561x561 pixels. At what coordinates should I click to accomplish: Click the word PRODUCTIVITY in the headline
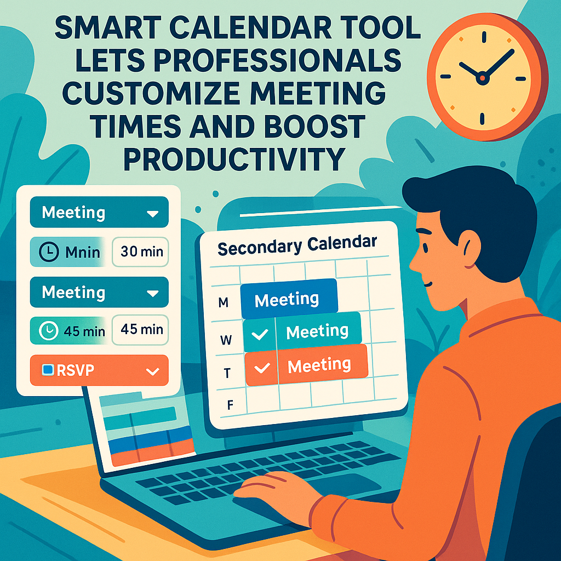point(234,159)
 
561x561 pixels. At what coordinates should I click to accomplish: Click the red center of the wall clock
point(482,78)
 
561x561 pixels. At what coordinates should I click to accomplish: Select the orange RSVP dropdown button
point(99,370)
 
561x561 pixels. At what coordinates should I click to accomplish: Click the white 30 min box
point(140,252)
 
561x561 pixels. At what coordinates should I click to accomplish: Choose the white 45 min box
point(140,329)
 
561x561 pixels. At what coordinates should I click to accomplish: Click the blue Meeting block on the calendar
point(289,299)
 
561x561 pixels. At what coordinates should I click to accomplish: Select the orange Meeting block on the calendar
point(306,365)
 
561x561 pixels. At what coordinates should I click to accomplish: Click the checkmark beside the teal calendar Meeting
point(260,335)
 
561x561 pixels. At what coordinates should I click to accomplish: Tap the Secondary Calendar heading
point(297,245)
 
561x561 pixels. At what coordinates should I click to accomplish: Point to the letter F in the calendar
point(230,405)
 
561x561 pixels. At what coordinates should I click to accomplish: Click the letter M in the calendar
point(224,302)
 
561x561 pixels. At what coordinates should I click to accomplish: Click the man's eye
point(425,247)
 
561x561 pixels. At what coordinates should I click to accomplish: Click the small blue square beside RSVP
point(48,370)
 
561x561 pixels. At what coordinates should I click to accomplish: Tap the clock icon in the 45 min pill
point(49,330)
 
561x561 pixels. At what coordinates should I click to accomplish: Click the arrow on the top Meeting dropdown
point(153,214)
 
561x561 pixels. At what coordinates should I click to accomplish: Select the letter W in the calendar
point(226,340)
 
